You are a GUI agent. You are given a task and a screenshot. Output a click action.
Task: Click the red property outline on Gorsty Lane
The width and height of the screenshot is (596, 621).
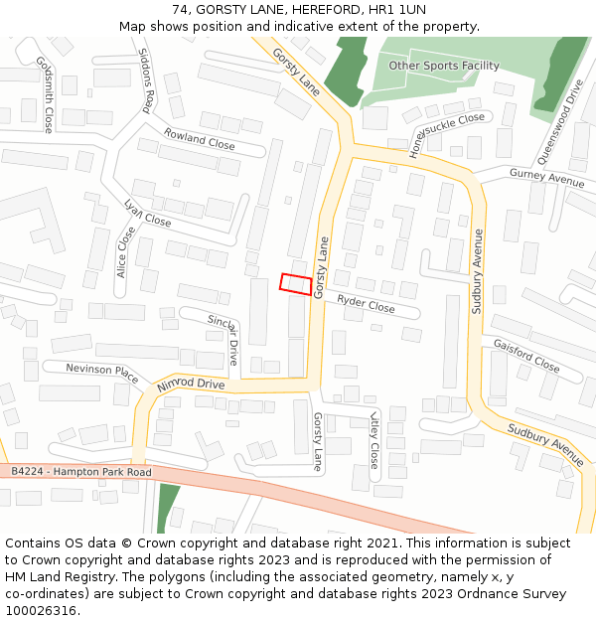coord(295,283)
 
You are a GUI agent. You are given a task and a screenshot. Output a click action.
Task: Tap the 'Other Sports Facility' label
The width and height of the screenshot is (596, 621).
coord(443,66)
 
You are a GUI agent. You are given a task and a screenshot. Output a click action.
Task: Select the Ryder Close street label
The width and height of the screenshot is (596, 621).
coord(366,304)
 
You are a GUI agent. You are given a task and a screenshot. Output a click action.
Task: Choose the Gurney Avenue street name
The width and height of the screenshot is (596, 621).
coord(546,179)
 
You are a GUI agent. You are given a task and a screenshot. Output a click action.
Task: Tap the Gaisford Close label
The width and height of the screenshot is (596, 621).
coord(526,355)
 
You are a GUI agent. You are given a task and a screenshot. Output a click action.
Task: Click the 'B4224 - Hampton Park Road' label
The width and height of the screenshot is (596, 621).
coord(81,472)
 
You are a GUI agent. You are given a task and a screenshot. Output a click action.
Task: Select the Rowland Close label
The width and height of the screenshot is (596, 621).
coord(200,138)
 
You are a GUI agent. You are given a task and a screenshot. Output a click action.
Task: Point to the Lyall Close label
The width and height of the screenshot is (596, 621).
coord(147,213)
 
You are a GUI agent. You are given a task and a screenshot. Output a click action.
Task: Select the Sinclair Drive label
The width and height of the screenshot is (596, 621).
coord(223,338)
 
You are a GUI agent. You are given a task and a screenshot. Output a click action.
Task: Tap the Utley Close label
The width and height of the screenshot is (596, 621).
coord(373,440)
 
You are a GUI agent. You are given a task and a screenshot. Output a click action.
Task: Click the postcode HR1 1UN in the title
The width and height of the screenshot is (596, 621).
coord(396,10)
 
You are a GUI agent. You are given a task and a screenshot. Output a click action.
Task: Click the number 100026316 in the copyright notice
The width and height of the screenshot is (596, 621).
coord(41,610)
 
